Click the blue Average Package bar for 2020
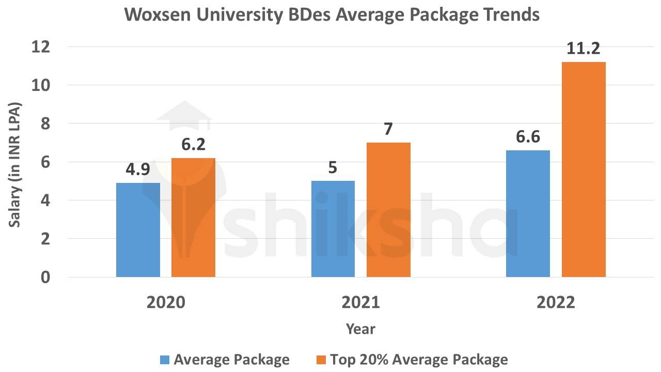point(138,230)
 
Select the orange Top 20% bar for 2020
point(193,218)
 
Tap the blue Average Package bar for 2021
point(333,229)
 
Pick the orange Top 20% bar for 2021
point(388,210)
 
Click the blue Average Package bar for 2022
point(528,213)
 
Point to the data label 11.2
point(584,49)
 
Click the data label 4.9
point(138,170)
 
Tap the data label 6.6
point(528,137)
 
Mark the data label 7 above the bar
point(388,130)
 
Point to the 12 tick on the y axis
point(41,47)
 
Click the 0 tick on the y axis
point(45,277)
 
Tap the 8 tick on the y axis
point(45,124)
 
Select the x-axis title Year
point(360,329)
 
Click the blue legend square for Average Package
point(165,360)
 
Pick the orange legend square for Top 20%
point(321,360)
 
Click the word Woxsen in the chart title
point(156,14)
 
